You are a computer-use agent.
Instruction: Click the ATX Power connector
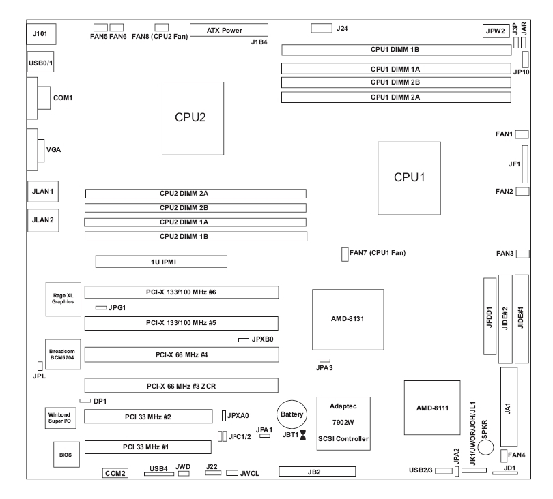(228, 31)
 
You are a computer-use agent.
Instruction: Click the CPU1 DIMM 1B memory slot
(395, 50)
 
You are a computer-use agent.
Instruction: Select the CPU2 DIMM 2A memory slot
(195, 194)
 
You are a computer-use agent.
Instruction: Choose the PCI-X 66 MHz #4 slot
(182, 354)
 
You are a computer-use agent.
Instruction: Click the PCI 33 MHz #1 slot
(148, 448)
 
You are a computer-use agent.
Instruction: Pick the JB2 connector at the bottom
(317, 472)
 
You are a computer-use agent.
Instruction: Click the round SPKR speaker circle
(485, 447)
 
